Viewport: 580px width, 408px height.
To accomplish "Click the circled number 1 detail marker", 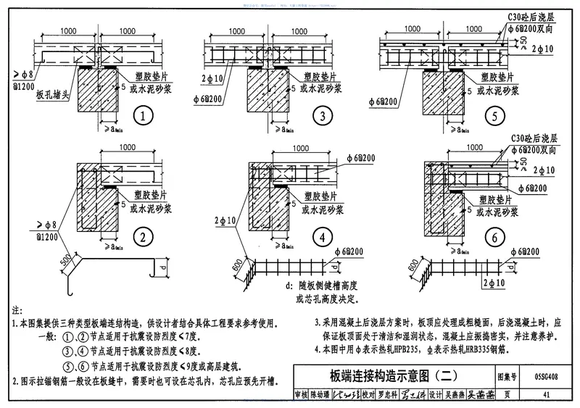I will coord(144,115).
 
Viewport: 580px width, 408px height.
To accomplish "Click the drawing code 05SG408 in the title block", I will coord(544,377).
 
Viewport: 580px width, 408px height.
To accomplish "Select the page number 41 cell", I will coord(544,395).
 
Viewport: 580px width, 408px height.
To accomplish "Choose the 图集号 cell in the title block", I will coord(507,377).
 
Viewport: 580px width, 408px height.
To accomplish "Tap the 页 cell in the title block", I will coord(507,395).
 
